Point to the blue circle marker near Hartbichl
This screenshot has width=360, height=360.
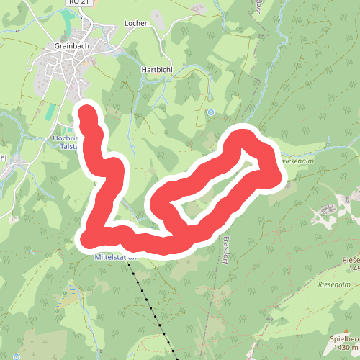coord(211,112)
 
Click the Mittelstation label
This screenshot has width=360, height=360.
coord(115,256)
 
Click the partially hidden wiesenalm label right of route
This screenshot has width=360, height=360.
coord(297,161)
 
